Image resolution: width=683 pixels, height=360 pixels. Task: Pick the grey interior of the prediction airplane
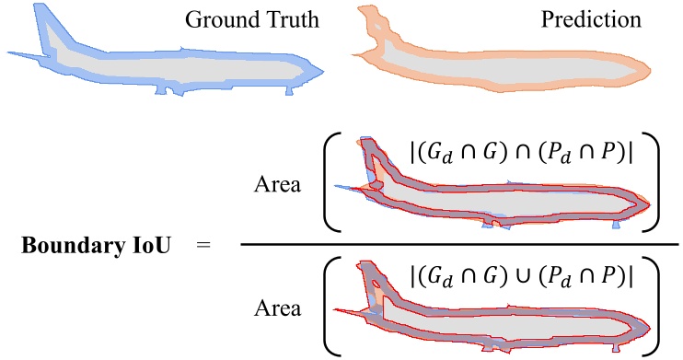pos(515,69)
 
